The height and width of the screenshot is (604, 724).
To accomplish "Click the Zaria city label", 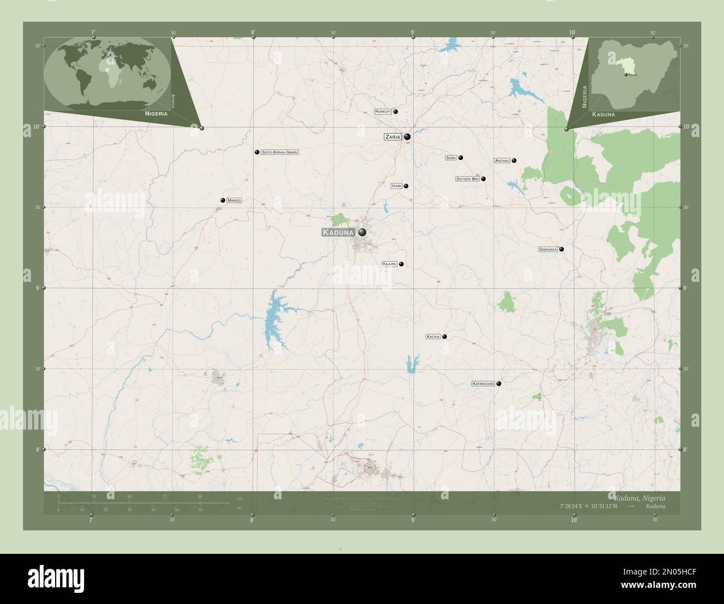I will pyautogui.click(x=393, y=137).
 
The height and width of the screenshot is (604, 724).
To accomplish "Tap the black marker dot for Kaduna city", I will pyautogui.click(x=363, y=232).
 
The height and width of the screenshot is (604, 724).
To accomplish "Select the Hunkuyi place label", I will pyautogui.click(x=383, y=112).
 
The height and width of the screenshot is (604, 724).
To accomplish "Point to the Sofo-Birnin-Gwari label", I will pyautogui.click(x=280, y=152).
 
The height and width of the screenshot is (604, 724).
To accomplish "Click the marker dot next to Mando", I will pyautogui.click(x=223, y=200).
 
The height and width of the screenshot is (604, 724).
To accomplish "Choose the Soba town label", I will pyautogui.click(x=451, y=158).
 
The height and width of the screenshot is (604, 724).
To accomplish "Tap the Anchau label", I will pyautogui.click(x=502, y=160).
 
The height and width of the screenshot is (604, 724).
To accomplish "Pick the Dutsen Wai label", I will pyautogui.click(x=467, y=179).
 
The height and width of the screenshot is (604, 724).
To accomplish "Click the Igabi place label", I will pyautogui.click(x=396, y=186).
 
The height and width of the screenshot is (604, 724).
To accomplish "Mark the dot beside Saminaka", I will pyautogui.click(x=561, y=249).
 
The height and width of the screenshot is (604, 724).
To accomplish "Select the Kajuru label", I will pyautogui.click(x=389, y=264).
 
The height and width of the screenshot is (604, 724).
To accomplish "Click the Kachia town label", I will pyautogui.click(x=433, y=337).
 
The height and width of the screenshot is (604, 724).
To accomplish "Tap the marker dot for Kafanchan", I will pyautogui.click(x=499, y=384).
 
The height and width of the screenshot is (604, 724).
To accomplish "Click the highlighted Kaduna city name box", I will pyautogui.click(x=338, y=232).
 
